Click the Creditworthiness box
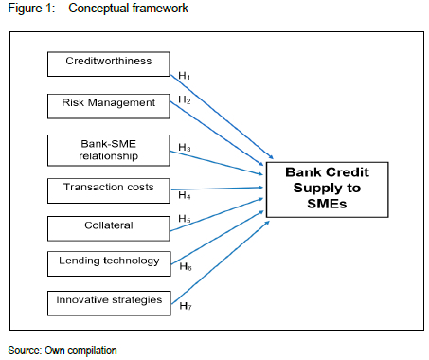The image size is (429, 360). [109, 64]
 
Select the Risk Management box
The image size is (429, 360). [109, 106]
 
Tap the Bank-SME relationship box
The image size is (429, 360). [109, 151]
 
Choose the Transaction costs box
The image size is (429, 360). [109, 190]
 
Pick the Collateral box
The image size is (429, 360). [109, 228]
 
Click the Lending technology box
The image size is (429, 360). [109, 263]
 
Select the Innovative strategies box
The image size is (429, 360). [109, 303]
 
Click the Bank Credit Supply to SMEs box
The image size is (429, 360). [327, 189]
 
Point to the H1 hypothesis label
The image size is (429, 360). [185, 76]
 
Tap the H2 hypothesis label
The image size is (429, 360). [185, 99]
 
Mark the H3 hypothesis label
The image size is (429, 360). [185, 147]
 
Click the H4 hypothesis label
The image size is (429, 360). [185, 195]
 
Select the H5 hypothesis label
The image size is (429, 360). [185, 219]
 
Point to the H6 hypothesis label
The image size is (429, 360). [186, 267]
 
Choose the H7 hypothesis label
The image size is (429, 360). [186, 306]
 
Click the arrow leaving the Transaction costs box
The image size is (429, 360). [217, 189]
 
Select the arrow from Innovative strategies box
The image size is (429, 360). [221, 262]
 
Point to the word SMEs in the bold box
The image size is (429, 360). [327, 204]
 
